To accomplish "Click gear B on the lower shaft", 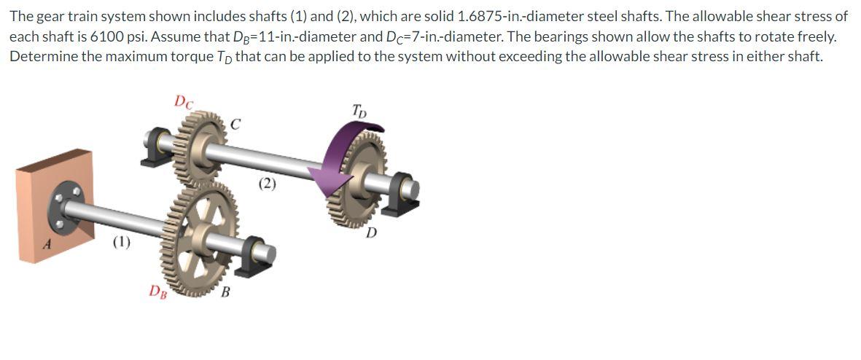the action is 199,237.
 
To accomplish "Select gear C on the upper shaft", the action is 200,147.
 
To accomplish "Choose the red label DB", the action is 159,290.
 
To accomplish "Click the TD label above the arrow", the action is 359,112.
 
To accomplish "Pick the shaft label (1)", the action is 121,242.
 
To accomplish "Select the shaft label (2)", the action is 266,184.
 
